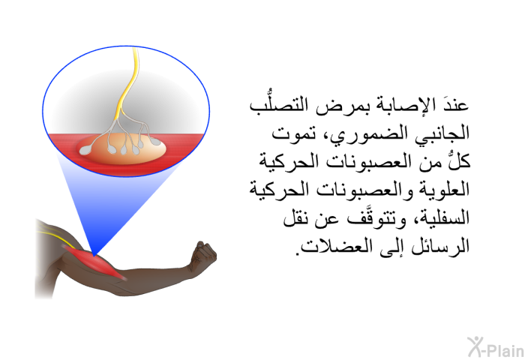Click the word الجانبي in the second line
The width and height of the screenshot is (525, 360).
pyautogui.click(x=443, y=133)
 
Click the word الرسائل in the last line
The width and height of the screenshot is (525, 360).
pyautogui.click(x=439, y=246)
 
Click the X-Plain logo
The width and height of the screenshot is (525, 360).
pyautogui.click(x=496, y=347)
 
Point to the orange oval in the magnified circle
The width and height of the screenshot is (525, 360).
pyautogui.click(x=121, y=148)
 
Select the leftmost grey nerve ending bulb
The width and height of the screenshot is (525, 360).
pyautogui.click(x=85, y=151)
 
